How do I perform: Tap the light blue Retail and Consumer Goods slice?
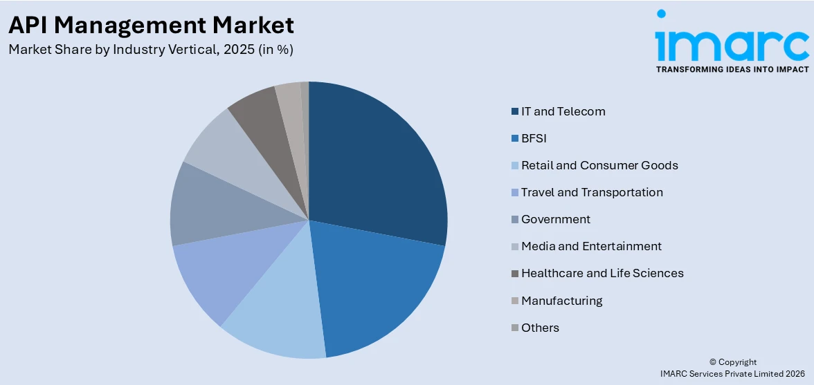point(277,318)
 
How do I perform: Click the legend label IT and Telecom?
point(563,111)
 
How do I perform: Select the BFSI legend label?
point(534,138)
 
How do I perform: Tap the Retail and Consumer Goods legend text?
point(599,165)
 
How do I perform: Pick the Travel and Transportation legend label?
point(592,192)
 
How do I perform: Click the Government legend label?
point(556,219)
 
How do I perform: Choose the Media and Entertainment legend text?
point(591,246)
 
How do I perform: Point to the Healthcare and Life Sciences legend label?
point(602,273)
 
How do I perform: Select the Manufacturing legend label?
point(561,300)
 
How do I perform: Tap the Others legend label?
point(540,328)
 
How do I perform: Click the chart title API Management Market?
point(151,25)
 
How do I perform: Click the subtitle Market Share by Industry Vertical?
point(151,50)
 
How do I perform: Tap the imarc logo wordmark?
point(732,41)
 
